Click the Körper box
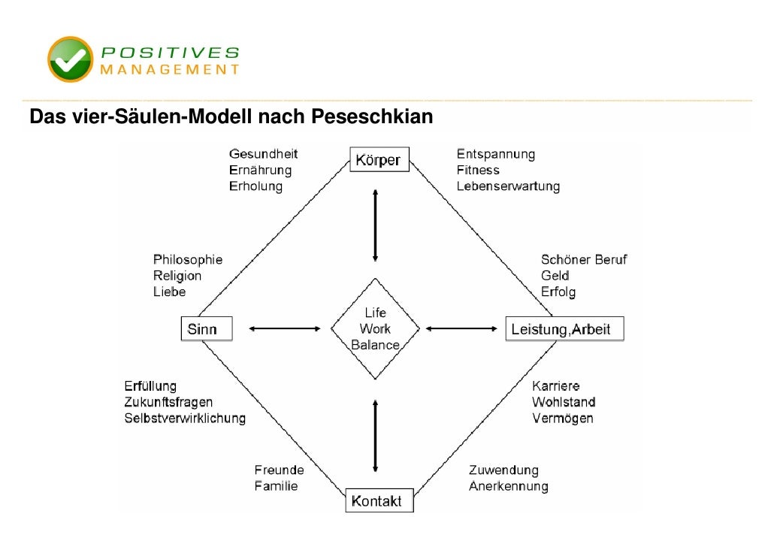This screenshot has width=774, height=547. click(379, 160)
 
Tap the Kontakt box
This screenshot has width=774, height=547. click(379, 500)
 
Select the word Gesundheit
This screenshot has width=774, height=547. click(263, 154)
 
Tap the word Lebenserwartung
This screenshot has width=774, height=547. click(508, 186)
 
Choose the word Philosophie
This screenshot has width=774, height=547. click(188, 260)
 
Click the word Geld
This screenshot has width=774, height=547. click(555, 276)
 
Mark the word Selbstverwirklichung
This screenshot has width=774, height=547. click(185, 419)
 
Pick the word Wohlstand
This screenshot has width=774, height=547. click(564, 402)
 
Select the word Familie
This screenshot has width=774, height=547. click(276, 486)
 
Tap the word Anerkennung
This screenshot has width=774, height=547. click(509, 486)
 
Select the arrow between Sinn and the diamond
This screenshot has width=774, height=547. click(284, 328)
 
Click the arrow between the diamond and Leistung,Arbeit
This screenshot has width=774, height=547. click(463, 328)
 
